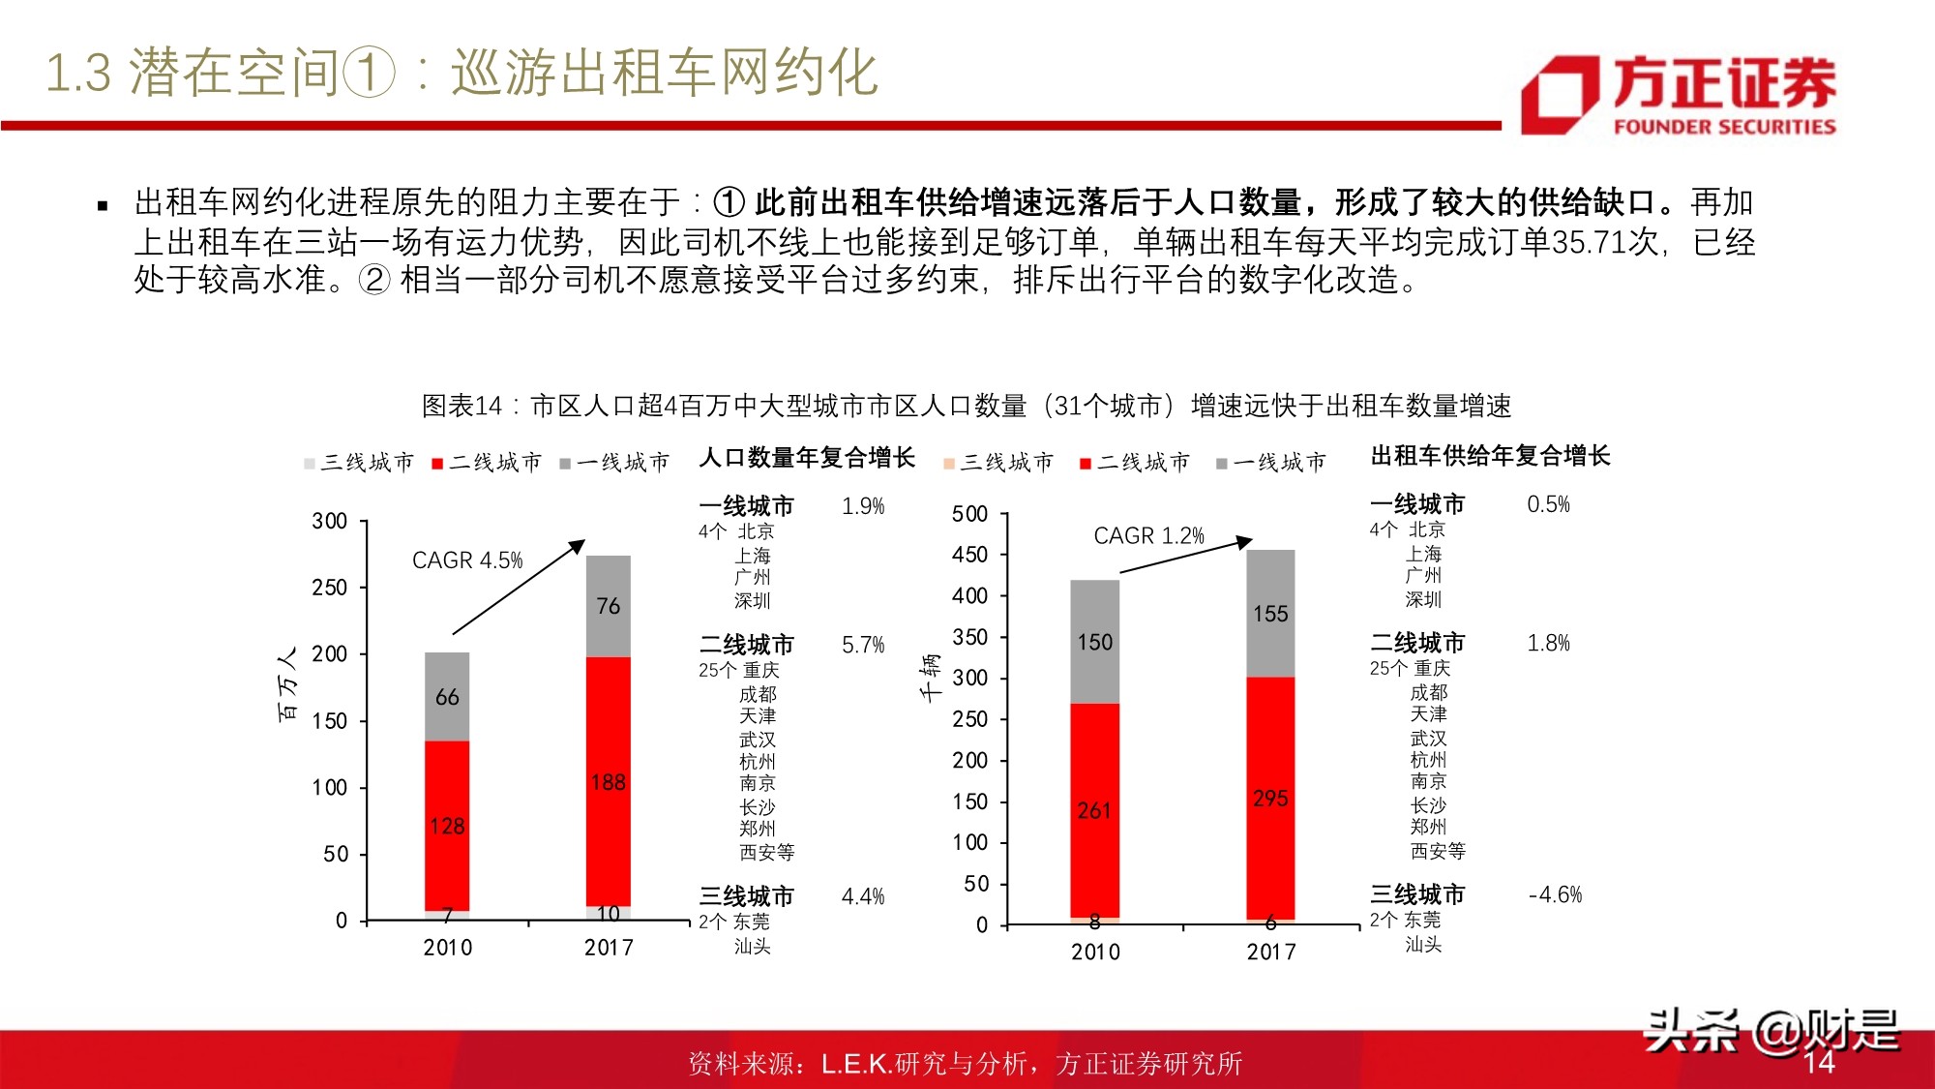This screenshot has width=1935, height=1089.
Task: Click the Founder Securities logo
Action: coord(1679,94)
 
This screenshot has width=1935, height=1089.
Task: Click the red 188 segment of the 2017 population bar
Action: coord(609,781)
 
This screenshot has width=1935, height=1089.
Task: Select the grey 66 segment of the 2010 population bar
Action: coord(447,697)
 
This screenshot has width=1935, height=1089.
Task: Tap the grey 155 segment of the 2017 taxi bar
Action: coord(1270,614)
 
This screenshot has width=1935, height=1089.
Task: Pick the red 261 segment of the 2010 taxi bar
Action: coord(1094,810)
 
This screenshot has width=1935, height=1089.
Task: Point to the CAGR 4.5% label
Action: coord(467,560)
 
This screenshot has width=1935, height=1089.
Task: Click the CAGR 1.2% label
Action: coord(1148,535)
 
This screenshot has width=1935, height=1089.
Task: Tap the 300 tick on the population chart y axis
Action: coord(330,521)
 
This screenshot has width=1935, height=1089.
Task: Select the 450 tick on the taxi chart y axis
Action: coord(969,555)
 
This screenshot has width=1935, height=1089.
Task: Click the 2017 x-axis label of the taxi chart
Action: coord(1271,952)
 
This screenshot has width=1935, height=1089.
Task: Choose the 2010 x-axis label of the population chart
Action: coord(447,948)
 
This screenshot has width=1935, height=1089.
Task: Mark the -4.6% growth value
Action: coord(1555,894)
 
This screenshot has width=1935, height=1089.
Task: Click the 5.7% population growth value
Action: coord(863,645)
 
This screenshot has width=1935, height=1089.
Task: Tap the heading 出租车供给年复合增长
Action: coord(1490,456)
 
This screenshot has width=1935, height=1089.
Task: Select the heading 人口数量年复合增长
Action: coord(807,457)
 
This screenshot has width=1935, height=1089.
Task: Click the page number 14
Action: coord(1819,1063)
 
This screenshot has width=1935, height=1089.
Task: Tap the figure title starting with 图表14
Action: coord(967,406)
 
